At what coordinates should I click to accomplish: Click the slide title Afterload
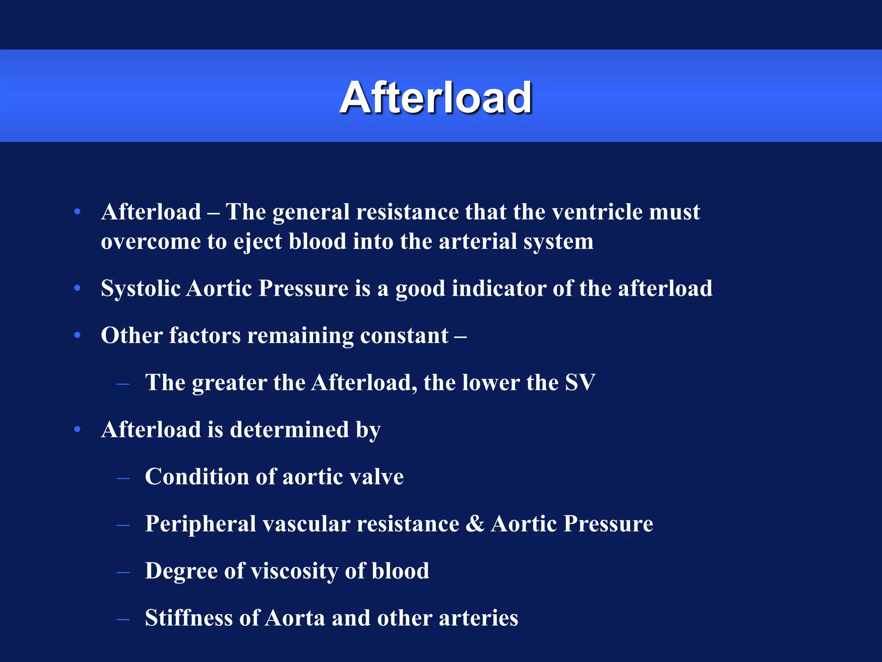(436, 98)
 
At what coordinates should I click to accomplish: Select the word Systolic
(140, 288)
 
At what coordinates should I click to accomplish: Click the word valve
(376, 477)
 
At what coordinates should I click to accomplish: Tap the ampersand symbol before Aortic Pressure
(475, 524)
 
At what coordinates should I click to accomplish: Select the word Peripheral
(200, 524)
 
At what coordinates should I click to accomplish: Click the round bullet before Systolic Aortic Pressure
(78, 288)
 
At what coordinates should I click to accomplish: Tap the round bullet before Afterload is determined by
(78, 430)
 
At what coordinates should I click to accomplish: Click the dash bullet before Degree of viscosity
(123, 572)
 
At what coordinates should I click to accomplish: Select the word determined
(289, 430)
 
